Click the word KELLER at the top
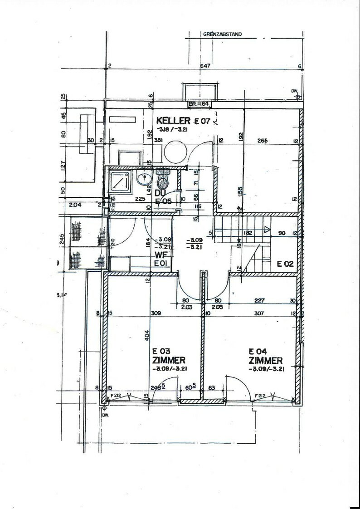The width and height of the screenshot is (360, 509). click(173, 121)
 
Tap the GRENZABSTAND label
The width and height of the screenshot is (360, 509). click(222, 34)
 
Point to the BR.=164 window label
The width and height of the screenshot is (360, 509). click(198, 104)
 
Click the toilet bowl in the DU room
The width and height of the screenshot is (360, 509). click(162, 183)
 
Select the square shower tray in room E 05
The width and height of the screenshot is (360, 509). click(121, 182)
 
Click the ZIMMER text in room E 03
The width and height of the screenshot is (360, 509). click(169, 360)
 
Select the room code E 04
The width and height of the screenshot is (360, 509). click(257, 351)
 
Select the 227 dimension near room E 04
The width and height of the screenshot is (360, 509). click(260, 300)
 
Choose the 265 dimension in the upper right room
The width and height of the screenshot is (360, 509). click(262, 141)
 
